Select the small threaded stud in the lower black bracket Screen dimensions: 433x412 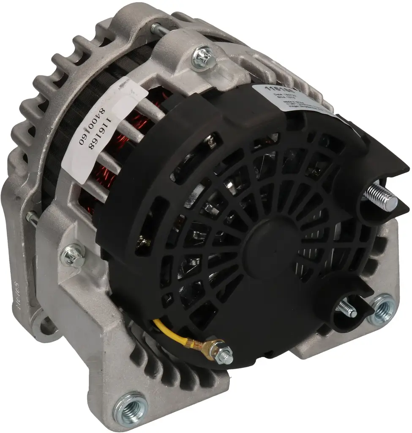click(x=347, y=309)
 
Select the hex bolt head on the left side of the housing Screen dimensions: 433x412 click(x=73, y=255)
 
